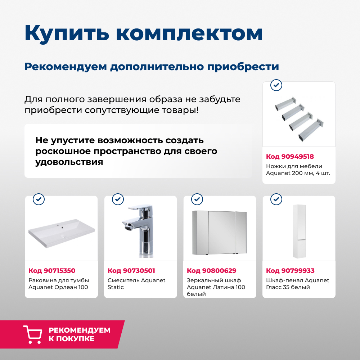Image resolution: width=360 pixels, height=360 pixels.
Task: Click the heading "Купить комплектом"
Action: coord(143,33)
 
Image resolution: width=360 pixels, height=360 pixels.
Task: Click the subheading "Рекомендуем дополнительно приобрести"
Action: coord(152,67)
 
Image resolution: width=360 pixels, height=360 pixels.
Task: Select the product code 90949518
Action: coord(290,157)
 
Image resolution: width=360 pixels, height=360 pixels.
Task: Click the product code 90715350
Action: coord(52,271)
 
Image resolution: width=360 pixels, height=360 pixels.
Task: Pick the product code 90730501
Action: coord(131,271)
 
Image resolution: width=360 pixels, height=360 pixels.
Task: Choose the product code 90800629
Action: coord(211,271)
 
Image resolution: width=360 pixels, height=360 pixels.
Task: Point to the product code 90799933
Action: coord(290,271)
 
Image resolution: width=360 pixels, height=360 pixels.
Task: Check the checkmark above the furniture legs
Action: coord(276,85)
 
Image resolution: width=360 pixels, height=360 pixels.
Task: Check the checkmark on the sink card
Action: coord(39,199)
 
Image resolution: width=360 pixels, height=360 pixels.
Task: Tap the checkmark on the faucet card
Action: coord(118,199)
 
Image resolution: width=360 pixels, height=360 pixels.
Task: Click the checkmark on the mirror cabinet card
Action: coord(197,199)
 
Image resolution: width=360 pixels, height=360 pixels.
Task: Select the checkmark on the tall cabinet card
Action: coord(276,199)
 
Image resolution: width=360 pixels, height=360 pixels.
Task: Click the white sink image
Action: coord(62,233)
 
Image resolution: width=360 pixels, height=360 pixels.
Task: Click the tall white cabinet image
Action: coord(299,231)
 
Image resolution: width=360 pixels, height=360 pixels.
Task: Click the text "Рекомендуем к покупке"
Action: coord(80,334)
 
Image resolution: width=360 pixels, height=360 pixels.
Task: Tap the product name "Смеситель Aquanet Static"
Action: coord(136,284)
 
